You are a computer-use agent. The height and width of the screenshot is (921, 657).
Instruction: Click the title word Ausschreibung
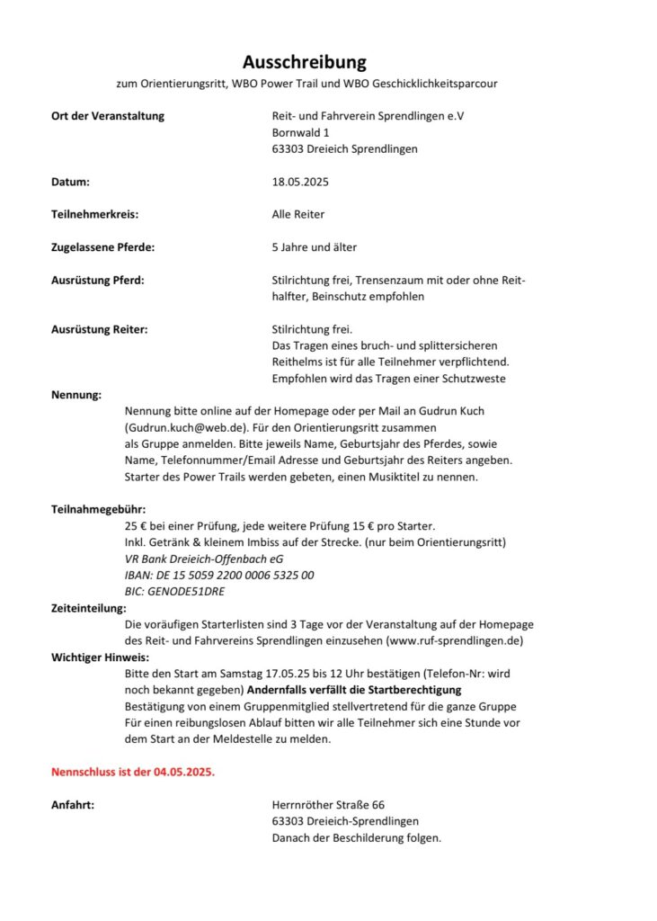click(x=305, y=62)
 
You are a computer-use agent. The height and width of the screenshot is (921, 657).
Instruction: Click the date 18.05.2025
click(x=300, y=182)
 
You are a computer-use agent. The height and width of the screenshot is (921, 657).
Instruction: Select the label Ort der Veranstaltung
click(x=108, y=116)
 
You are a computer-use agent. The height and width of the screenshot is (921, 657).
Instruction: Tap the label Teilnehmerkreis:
click(x=95, y=214)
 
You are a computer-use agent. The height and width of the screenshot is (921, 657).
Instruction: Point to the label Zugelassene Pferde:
click(x=102, y=246)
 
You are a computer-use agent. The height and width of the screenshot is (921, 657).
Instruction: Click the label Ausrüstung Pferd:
click(x=98, y=280)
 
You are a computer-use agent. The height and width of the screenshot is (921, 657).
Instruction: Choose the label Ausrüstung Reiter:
click(x=100, y=329)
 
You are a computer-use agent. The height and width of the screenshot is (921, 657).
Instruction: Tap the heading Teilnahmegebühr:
click(x=98, y=509)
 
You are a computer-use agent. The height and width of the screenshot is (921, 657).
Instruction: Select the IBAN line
click(x=219, y=575)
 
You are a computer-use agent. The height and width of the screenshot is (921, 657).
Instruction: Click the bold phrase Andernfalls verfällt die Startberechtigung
click(x=354, y=690)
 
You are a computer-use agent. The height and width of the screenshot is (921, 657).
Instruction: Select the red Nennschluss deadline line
click(x=133, y=772)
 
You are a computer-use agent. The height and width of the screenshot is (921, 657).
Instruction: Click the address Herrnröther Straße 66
click(x=328, y=805)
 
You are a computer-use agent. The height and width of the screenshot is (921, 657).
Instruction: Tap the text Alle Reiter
click(x=298, y=214)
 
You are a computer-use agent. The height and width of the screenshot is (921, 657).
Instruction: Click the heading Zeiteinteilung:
click(x=89, y=608)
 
